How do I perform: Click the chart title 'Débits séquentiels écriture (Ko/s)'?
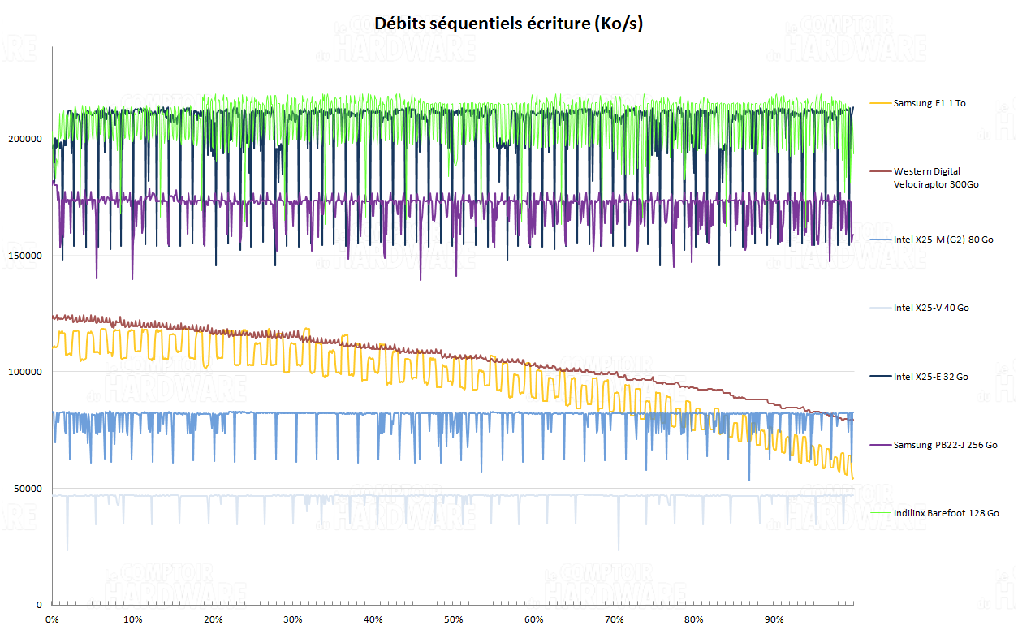[x=508, y=24]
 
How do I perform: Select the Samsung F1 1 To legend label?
[x=930, y=103]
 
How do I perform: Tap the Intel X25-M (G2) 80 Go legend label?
[x=943, y=240]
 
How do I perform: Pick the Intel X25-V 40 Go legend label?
[x=931, y=308]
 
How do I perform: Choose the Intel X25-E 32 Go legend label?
[x=930, y=377]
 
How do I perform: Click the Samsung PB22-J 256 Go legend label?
[x=945, y=445]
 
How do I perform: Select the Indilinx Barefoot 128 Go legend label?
[x=946, y=513]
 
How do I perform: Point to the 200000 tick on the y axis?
[x=25, y=139]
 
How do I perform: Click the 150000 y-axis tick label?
[x=25, y=256]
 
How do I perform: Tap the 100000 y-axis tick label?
[x=25, y=372]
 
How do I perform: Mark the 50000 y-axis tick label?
[x=28, y=489]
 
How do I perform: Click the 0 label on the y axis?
[x=38, y=605]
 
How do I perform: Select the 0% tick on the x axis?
[x=52, y=620]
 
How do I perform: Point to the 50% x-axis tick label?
[x=453, y=620]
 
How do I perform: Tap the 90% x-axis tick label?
[x=774, y=620]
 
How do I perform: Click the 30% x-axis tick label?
[x=293, y=620]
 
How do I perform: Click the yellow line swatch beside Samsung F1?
[x=881, y=103]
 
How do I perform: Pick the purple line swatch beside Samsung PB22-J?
[x=881, y=445]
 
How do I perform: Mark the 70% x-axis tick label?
[x=614, y=620]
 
